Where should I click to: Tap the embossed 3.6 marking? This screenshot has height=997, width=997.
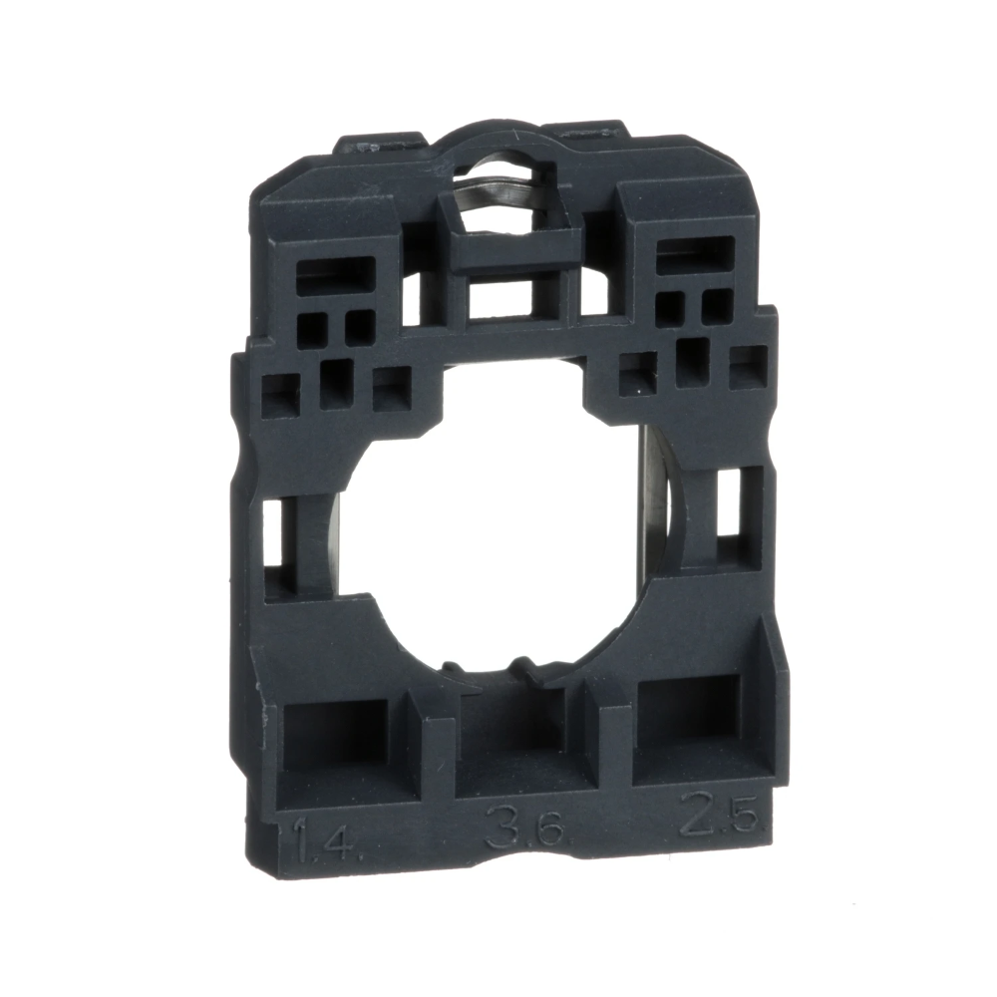tap(525, 828)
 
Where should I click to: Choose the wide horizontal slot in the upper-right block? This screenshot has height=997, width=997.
tap(696, 253)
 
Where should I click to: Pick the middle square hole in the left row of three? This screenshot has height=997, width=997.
tap(335, 383)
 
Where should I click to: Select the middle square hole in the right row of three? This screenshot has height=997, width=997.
tap(692, 361)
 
